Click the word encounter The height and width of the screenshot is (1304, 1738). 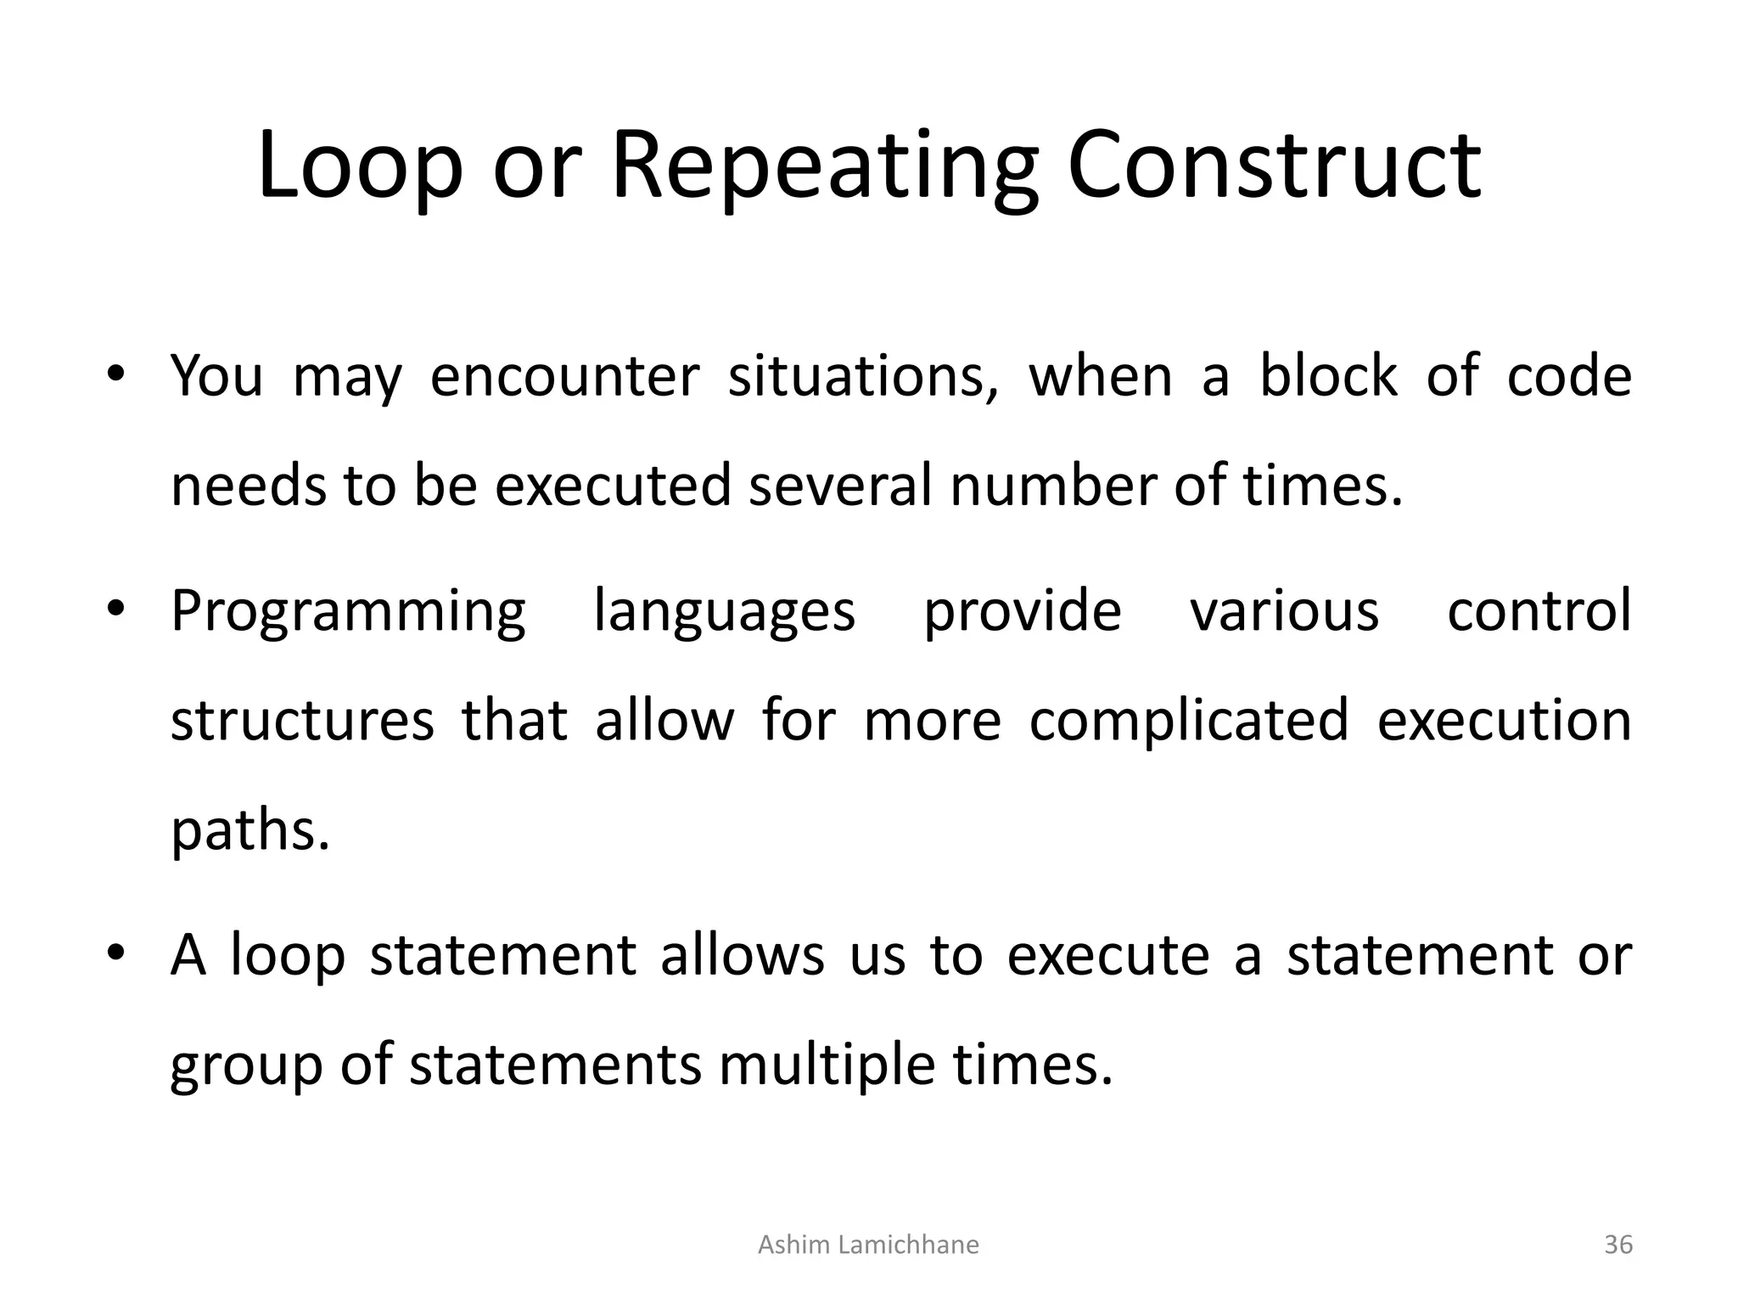click(565, 375)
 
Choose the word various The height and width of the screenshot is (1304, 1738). click(1284, 610)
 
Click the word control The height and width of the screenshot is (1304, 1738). click(1539, 610)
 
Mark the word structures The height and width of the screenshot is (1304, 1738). click(302, 720)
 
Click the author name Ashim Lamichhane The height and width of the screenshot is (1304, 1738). click(867, 1245)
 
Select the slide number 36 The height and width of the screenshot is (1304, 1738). click(1618, 1245)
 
